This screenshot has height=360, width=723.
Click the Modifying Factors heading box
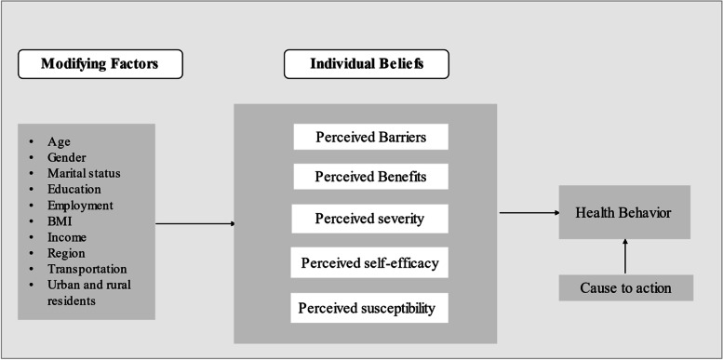click(100, 64)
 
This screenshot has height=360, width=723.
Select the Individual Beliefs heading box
click(366, 64)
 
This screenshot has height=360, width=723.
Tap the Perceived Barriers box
click(371, 138)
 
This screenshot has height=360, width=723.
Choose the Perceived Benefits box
click(371, 177)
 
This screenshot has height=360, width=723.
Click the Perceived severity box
click(371, 219)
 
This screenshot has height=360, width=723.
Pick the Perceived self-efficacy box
click(371, 263)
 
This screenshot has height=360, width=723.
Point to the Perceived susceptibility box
click(371, 307)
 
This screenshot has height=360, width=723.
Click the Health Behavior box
click(625, 213)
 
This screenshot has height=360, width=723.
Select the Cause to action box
click(626, 288)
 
